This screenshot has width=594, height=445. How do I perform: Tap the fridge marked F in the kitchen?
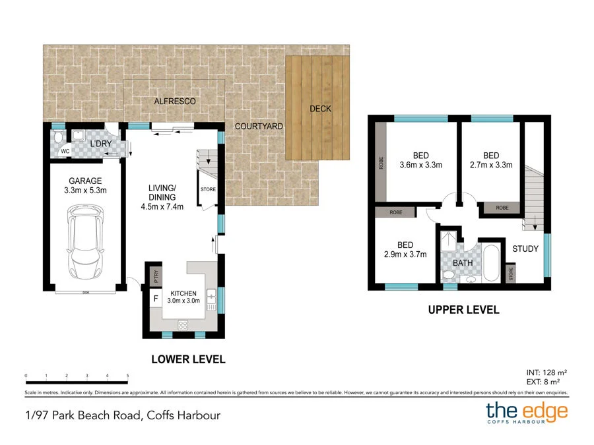[x=156, y=299]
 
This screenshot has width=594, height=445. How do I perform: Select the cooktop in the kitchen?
[x=183, y=324]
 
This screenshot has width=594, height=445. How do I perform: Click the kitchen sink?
[x=211, y=300]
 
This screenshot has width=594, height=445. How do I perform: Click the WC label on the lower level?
[x=65, y=151]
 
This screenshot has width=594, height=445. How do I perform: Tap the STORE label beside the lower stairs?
[x=208, y=189]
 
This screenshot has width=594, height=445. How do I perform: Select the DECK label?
[x=321, y=109]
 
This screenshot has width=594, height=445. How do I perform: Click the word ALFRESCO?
[x=175, y=101]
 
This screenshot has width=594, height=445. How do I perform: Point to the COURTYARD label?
[x=259, y=127]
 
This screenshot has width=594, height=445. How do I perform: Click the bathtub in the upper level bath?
[x=491, y=263]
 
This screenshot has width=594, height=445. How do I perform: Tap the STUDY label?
[x=525, y=249]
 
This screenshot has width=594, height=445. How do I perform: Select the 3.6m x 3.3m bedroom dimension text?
[x=421, y=165]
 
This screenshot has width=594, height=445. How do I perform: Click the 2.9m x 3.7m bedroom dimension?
[x=405, y=254]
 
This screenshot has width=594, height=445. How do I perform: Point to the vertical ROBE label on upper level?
[x=381, y=163]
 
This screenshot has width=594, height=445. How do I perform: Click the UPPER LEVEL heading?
[x=464, y=310]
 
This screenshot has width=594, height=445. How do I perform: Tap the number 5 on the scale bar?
[x=127, y=376]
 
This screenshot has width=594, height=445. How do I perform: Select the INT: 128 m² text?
[x=546, y=372]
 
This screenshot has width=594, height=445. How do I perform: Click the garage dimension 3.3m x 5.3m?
[x=85, y=191]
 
